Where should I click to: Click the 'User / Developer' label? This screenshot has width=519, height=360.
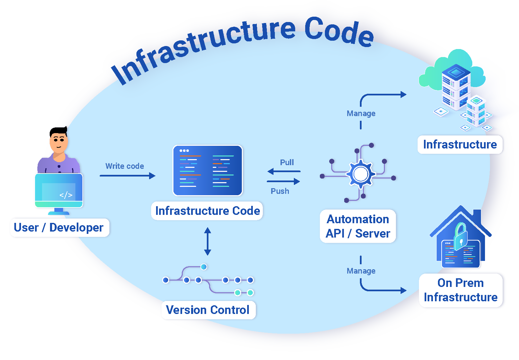pos(59,228)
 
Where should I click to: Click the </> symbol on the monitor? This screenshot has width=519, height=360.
pos(66,195)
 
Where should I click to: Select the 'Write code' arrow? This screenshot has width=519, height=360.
pos(127,176)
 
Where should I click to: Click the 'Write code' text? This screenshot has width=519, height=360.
pos(124,166)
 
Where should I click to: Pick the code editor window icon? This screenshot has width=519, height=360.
pos(207,170)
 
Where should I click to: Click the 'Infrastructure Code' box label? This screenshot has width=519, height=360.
pos(207,211)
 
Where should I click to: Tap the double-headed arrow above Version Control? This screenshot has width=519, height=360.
pos(207,241)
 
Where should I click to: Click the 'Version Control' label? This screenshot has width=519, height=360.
pos(207,310)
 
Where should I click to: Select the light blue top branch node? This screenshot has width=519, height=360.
pos(204,267)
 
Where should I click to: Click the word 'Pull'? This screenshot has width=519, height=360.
pos(287,162)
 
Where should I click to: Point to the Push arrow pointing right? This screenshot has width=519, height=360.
pos(284,182)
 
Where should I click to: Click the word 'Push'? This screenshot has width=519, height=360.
pos(280,191)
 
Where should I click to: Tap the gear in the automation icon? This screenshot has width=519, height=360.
pos(361,174)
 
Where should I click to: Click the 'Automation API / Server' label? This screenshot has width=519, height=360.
pos(358,226)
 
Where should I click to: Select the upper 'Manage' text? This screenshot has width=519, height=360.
pos(361,113)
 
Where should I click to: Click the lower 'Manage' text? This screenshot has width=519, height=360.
pos(361,271)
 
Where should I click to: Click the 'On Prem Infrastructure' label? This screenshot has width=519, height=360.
pos(461,290)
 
